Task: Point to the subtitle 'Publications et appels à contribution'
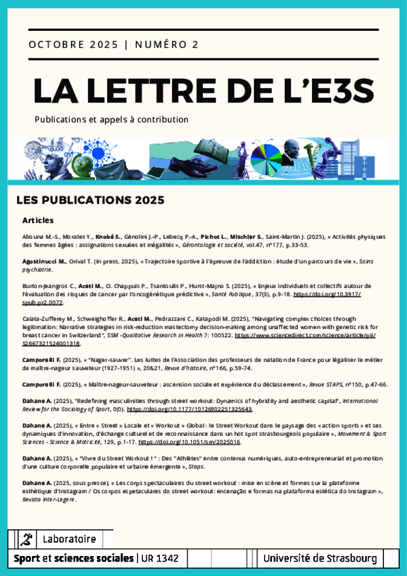pyautogui.click(x=111, y=120)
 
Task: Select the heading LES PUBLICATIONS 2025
pyautogui.click(x=90, y=199)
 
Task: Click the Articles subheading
pyautogui.click(x=38, y=220)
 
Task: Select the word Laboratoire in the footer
pyautogui.click(x=69, y=539)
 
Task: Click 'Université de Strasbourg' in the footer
pyautogui.click(x=320, y=558)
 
